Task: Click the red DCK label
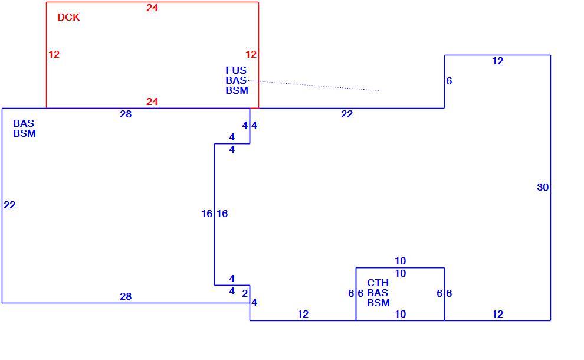(x=68, y=17)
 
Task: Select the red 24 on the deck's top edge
(x=152, y=8)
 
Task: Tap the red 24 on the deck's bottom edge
(x=152, y=102)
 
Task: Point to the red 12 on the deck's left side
(x=54, y=54)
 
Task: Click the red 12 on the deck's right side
(x=251, y=54)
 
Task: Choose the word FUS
(x=236, y=70)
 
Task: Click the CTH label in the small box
(x=378, y=283)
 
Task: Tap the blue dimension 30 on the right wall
(x=543, y=187)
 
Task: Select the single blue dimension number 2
(x=245, y=294)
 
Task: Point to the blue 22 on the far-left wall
(x=9, y=205)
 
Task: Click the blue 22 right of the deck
(x=347, y=114)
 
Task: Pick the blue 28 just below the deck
(x=126, y=114)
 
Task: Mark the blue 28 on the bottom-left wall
(x=126, y=296)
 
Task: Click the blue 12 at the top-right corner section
(x=498, y=61)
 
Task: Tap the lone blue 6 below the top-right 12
(x=449, y=81)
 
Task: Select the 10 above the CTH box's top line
(x=401, y=261)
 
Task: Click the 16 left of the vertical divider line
(x=206, y=214)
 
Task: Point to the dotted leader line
(x=314, y=86)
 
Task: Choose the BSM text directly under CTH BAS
(x=378, y=303)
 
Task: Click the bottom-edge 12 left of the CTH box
(x=303, y=314)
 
